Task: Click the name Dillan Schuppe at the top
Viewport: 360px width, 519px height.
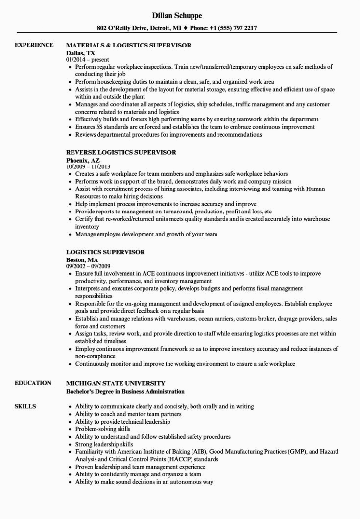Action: pyautogui.click(x=180, y=16)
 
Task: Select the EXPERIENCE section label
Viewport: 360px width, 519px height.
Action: pyautogui.click(x=33, y=45)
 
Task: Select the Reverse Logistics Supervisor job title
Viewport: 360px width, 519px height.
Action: pyautogui.click(x=121, y=153)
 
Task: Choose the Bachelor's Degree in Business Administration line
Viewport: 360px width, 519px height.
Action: pyautogui.click(x=125, y=377)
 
